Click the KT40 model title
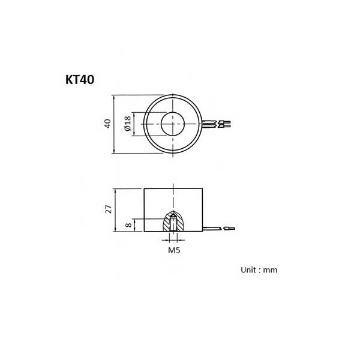[x=80, y=80]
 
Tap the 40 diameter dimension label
[x=107, y=124]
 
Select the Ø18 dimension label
[x=127, y=124]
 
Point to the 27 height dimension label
[x=108, y=209]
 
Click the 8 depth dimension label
[x=129, y=225]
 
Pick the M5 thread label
[x=174, y=250]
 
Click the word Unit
[x=248, y=270]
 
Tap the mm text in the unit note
[x=270, y=270]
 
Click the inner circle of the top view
[x=173, y=112]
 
